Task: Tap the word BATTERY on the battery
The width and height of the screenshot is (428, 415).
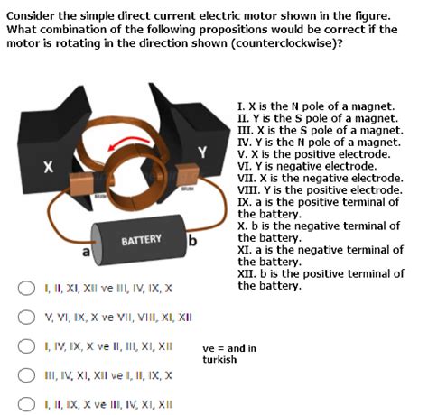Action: click(x=143, y=239)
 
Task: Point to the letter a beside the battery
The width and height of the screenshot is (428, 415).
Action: click(x=86, y=254)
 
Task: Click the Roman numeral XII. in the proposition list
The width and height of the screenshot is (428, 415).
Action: click(x=247, y=273)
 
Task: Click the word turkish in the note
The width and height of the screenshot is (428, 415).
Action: click(x=219, y=359)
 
